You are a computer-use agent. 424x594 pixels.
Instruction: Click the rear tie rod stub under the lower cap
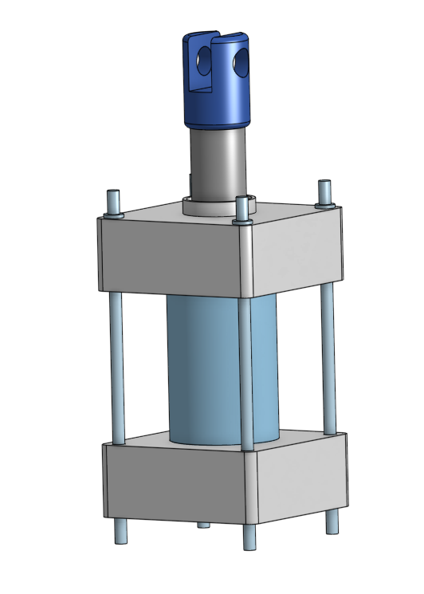(202, 525)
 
